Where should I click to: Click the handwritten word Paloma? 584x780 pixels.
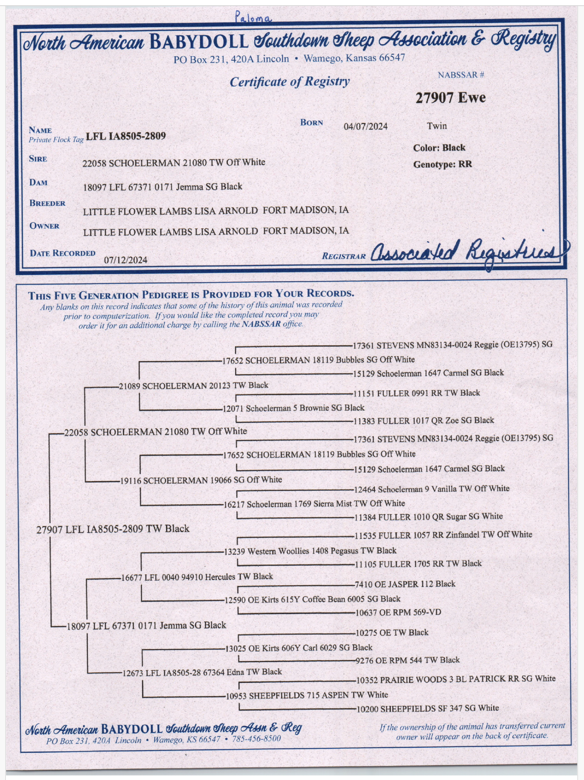pos(253,17)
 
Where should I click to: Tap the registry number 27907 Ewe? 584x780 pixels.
pos(450,98)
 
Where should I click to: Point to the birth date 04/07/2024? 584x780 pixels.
pos(365,126)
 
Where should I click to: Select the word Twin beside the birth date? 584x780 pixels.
pos(436,126)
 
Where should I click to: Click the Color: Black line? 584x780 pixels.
pos(439,148)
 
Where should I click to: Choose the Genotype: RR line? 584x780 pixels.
pos(442,165)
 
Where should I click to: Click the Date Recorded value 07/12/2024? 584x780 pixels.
pos(126,260)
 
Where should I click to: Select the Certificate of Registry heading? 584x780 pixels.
pos(290,81)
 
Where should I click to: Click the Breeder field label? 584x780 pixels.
pos(47,203)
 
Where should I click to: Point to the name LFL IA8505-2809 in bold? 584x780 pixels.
pos(126,136)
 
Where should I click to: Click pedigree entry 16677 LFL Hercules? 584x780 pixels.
pos(197,576)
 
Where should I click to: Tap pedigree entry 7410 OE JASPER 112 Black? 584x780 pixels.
pos(405,584)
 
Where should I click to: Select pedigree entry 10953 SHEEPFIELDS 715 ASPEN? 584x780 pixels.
pos(307,695)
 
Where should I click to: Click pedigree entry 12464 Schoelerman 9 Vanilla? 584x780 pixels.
pos(432,489)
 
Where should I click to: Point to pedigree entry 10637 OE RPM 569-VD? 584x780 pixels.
pos(398,612)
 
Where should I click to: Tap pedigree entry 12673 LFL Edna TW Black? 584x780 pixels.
pos(202,672)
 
